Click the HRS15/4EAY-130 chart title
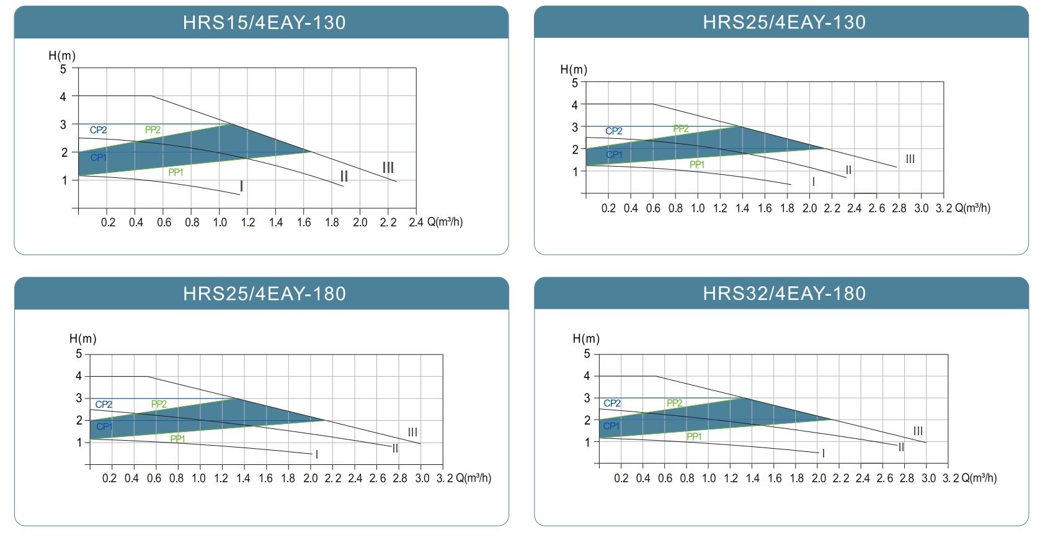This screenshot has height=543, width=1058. point(264,23)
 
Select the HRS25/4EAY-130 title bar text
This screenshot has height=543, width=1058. point(784,22)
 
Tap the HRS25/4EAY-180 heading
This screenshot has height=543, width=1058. point(264,293)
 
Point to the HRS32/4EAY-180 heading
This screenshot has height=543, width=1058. point(784,293)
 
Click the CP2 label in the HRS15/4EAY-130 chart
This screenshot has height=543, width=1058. point(98,130)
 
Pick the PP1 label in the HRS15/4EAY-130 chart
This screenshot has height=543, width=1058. point(176,172)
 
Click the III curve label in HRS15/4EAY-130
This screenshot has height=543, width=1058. point(388,167)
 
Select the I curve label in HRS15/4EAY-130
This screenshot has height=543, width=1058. point(241,187)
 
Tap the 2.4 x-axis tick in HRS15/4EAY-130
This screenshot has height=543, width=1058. point(416,222)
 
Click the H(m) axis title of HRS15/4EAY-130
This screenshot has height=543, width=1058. point(62,56)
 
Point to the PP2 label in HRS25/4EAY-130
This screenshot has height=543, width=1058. point(681,129)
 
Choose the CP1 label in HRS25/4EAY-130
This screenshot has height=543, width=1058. point(614,155)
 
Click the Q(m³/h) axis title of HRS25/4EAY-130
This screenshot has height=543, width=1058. point(972,208)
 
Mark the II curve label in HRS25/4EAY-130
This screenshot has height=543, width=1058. point(848,170)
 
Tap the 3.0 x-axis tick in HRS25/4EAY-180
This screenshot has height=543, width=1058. point(422,478)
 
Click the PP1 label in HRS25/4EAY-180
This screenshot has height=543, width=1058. point(177,439)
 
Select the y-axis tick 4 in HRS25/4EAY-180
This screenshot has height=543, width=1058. point(79,376)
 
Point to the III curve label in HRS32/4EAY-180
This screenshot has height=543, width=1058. point(918,431)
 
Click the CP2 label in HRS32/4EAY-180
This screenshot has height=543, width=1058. point(612,404)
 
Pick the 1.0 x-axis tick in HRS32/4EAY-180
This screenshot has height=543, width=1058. point(709,478)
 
